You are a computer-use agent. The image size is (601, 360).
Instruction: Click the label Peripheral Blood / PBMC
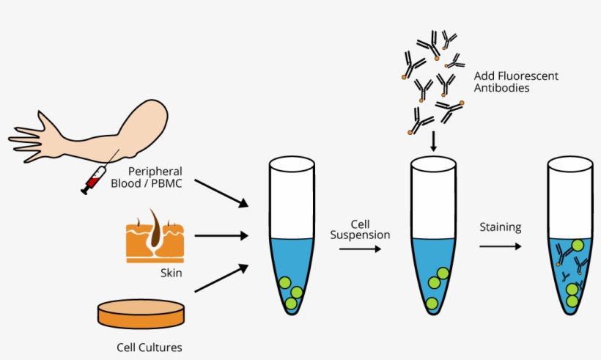146,177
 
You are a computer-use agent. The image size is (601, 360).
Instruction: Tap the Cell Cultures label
150,347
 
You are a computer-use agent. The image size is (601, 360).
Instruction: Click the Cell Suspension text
360,229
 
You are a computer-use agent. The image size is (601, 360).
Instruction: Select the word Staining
501,227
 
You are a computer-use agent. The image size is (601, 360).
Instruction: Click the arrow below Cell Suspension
360,249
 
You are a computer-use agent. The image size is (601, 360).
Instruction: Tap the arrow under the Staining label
501,246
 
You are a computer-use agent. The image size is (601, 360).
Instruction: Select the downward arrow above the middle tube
433,141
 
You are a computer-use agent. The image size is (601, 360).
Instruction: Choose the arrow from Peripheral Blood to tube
224,191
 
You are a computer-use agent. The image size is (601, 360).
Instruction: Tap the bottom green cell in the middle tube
432,303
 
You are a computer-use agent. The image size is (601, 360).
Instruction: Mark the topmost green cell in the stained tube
577,246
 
